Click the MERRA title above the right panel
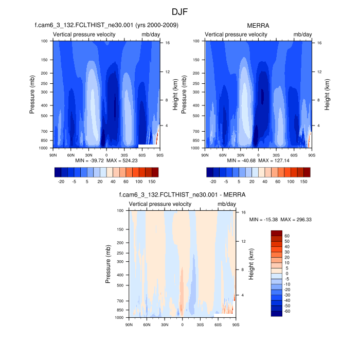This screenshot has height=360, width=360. point(258,25)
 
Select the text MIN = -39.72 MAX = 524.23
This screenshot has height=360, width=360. point(106,160)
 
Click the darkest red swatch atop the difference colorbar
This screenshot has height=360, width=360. point(277,233)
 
